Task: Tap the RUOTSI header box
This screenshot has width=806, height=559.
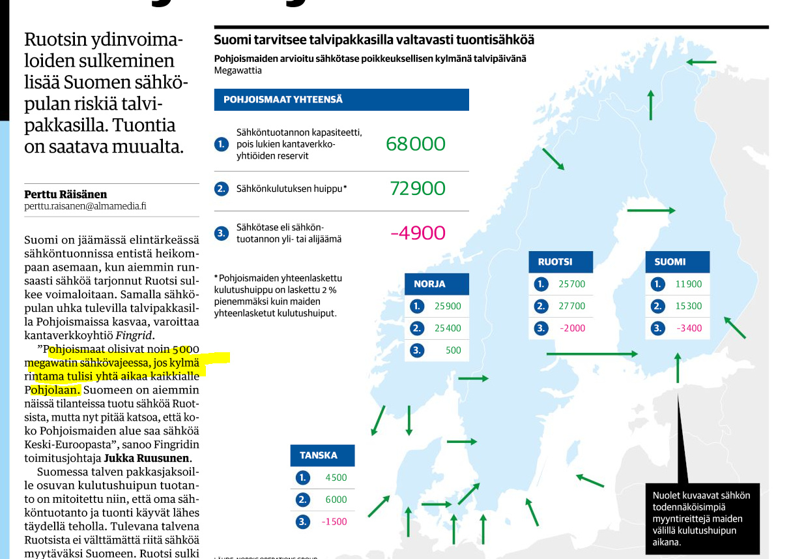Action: tap(560, 262)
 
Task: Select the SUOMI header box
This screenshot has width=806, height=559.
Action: tap(678, 262)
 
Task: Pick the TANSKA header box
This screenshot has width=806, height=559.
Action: tap(323, 455)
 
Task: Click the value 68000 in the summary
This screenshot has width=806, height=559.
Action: tap(415, 144)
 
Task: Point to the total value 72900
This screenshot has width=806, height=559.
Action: tap(418, 189)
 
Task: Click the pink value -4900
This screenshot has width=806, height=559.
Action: tap(418, 233)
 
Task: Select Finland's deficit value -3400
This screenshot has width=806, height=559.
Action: tap(689, 328)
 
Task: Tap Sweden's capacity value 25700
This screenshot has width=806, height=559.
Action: tap(571, 284)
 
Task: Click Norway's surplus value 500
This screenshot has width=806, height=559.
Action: tap(453, 350)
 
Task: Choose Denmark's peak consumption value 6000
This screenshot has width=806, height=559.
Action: tap(336, 500)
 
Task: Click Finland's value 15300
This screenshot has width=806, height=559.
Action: tap(689, 306)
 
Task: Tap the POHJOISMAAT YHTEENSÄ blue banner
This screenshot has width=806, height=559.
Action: tap(341, 100)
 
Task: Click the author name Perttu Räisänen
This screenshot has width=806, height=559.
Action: tap(66, 194)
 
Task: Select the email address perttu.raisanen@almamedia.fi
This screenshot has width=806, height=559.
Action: tap(85, 206)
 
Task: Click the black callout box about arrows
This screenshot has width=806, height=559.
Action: tap(702, 518)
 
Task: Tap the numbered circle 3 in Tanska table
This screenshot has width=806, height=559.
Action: tap(302, 522)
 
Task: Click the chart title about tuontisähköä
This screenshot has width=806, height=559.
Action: tap(374, 40)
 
